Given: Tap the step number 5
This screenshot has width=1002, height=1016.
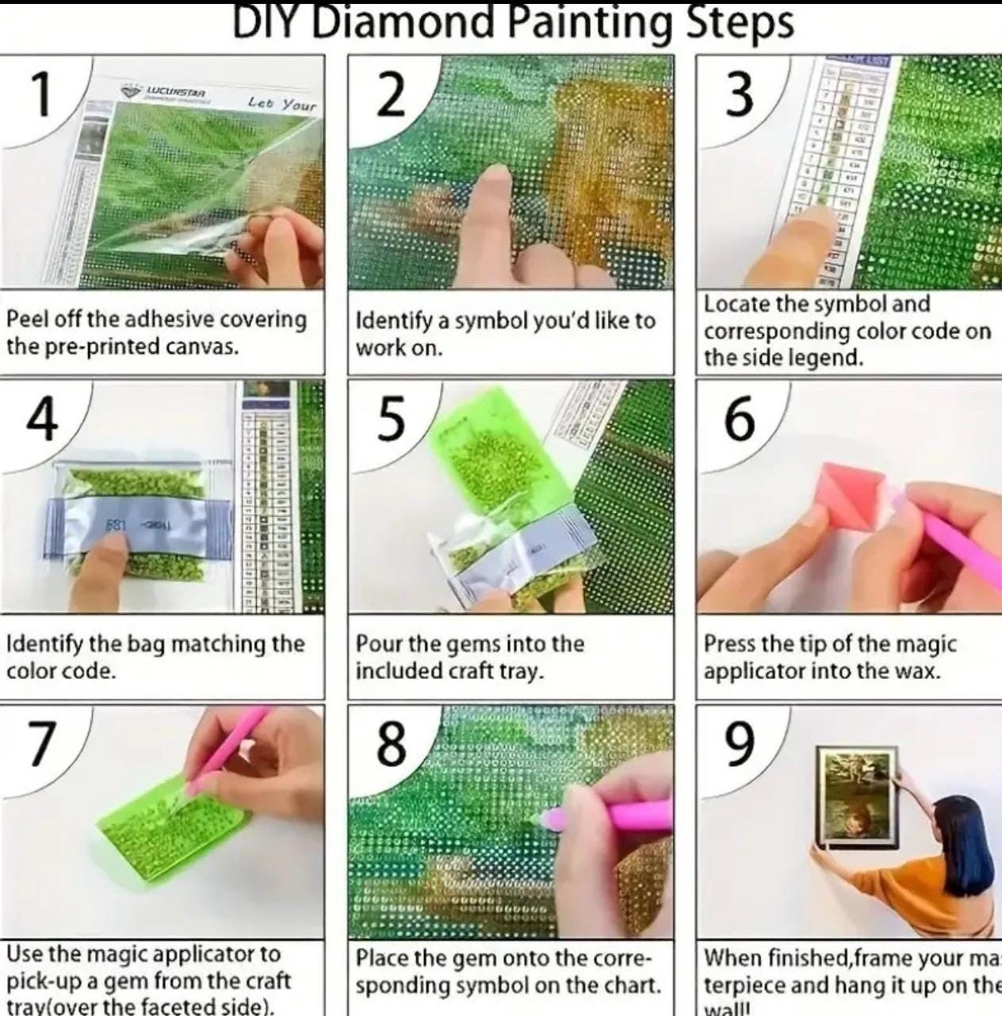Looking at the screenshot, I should click(390, 420).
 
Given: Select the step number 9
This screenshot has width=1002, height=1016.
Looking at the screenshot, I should click(738, 745).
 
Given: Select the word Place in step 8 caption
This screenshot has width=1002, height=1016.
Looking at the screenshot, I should click(381, 958).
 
